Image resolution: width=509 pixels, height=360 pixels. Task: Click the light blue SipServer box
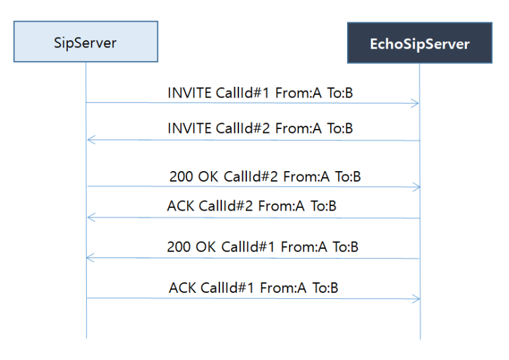point(86,41)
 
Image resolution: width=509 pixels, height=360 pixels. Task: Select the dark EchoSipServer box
point(419,43)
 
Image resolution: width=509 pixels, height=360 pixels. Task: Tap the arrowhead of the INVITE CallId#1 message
point(415,103)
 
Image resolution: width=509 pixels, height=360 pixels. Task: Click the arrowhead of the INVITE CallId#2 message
point(92,140)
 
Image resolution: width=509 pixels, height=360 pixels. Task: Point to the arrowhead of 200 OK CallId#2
point(416,187)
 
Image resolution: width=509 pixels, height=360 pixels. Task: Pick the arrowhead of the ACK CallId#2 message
point(92,217)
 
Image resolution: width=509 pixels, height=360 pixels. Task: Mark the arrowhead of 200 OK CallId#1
point(91,258)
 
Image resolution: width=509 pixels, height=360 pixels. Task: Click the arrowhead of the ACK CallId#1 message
point(416,299)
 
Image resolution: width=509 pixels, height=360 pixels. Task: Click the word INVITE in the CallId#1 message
point(189,93)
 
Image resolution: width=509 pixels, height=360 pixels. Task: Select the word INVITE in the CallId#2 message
point(189,128)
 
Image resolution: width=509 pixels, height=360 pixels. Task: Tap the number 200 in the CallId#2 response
point(181,177)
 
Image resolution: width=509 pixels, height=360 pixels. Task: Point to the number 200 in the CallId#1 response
point(179,247)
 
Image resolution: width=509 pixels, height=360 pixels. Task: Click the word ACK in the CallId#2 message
point(180,206)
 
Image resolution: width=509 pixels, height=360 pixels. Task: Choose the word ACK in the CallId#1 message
point(182,288)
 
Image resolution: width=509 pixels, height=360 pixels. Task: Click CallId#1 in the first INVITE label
point(242,93)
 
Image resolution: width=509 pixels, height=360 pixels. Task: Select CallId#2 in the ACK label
point(226,206)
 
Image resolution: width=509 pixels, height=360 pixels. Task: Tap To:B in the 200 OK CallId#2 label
point(348,177)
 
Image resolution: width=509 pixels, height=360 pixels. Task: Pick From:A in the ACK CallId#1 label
point(283,288)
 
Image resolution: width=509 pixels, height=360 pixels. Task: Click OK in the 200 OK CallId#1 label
point(206,247)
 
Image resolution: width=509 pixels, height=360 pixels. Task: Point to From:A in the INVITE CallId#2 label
point(298,128)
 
